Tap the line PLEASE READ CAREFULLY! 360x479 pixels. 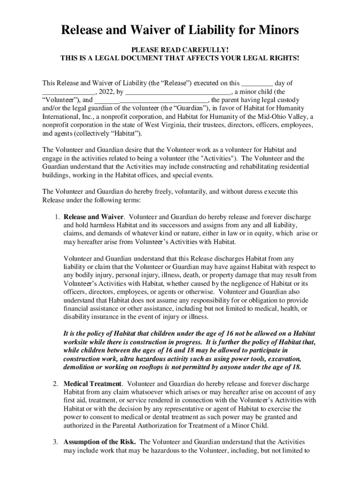180,50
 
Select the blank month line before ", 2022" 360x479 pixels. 68,93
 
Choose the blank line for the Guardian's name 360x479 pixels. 151,101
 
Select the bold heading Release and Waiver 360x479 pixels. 94,217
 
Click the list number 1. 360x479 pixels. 55,217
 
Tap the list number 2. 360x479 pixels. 55,384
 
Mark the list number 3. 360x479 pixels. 55,442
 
